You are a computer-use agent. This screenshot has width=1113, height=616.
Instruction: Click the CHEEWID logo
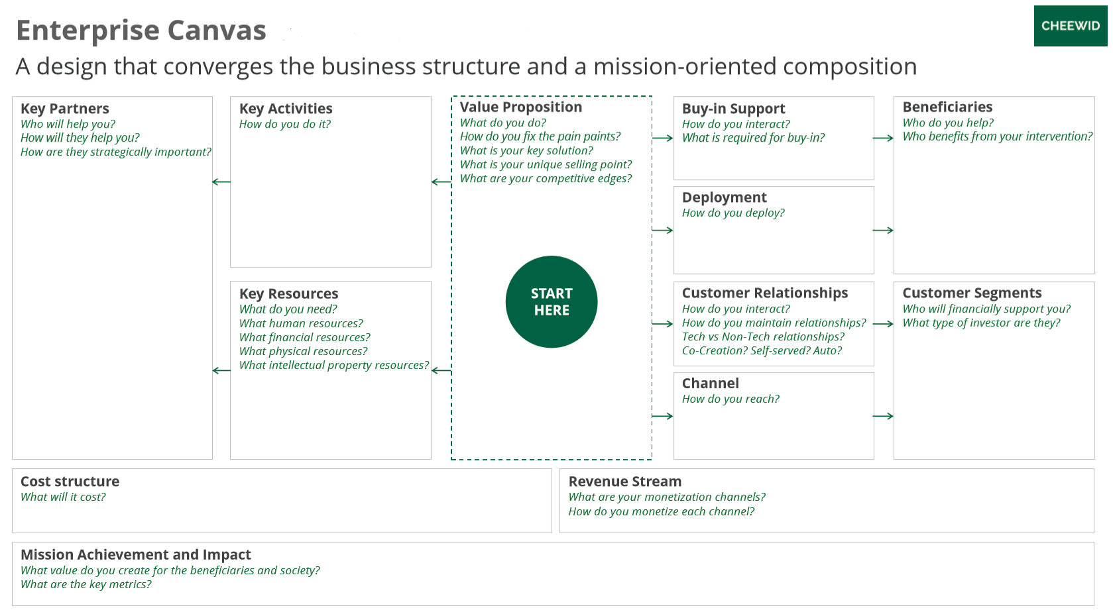click(x=1071, y=26)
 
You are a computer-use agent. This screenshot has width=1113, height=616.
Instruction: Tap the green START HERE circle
click(x=552, y=302)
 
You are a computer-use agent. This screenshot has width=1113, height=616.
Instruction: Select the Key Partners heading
click(x=64, y=108)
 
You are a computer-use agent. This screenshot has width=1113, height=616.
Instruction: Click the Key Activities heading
click(x=286, y=108)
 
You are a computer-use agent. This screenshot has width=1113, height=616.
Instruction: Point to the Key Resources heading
click(x=288, y=293)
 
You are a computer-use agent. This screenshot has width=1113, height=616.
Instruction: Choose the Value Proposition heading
click(x=521, y=107)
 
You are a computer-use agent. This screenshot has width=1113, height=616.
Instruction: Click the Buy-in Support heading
click(x=733, y=108)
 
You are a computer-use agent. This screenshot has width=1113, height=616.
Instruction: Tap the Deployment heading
click(x=725, y=197)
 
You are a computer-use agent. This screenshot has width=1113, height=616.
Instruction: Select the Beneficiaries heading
click(x=947, y=107)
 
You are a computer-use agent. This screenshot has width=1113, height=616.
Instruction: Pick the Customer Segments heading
click(x=972, y=293)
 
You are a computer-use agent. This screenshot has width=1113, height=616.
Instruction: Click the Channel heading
click(x=711, y=384)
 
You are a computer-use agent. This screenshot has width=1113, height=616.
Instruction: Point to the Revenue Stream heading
click(x=625, y=481)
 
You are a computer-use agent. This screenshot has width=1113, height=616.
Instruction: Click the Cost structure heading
click(x=70, y=481)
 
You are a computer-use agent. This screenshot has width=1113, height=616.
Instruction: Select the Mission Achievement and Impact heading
click(x=136, y=554)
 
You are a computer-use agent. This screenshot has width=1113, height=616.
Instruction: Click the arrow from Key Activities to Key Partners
click(x=221, y=182)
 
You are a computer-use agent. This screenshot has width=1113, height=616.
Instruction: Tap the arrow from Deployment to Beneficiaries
click(x=883, y=231)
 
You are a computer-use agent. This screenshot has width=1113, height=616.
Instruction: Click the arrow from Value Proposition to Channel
click(x=662, y=416)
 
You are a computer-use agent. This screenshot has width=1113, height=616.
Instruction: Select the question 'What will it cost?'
click(x=63, y=497)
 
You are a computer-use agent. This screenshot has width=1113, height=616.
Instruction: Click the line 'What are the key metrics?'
click(x=86, y=584)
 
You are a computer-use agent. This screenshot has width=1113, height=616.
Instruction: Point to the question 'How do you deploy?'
click(x=733, y=213)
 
